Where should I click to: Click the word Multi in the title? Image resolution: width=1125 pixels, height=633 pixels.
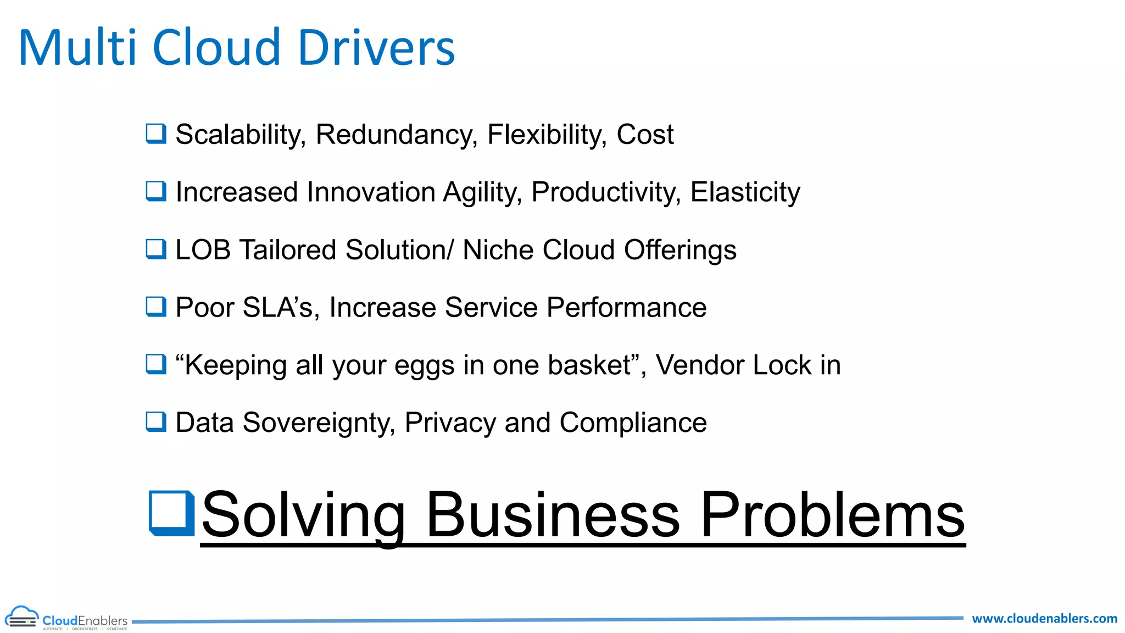[77, 48]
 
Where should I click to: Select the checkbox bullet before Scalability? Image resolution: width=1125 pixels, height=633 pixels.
[156, 134]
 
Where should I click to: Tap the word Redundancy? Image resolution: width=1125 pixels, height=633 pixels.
[396, 135]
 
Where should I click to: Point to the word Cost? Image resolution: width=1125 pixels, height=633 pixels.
[644, 135]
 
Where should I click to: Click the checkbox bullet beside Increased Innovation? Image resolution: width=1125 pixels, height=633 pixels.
[156, 191]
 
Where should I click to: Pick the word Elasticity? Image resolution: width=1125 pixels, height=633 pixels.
[745, 193]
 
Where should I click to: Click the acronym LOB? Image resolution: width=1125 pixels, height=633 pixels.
[203, 250]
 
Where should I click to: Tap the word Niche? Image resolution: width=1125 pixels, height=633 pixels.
[498, 250]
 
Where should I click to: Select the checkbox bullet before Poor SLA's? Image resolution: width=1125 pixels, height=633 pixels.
[156, 307]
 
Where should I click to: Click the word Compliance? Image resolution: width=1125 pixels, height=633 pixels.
[633, 424]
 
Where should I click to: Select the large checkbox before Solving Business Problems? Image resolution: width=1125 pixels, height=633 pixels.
[172, 513]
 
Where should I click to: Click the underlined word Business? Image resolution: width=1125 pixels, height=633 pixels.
[553, 515]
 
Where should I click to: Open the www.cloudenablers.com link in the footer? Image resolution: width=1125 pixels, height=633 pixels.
[1044, 619]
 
